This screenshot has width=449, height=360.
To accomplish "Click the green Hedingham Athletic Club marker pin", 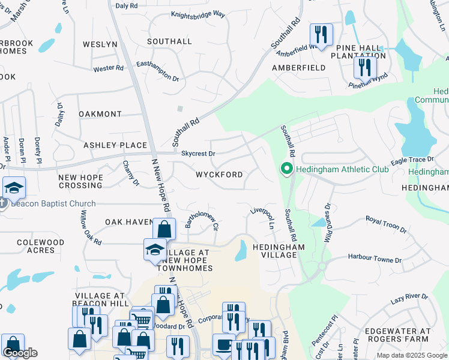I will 286,170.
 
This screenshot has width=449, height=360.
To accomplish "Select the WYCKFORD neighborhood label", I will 219,175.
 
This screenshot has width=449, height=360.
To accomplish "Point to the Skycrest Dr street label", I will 198,154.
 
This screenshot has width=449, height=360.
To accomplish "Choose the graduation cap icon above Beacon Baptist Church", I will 14,187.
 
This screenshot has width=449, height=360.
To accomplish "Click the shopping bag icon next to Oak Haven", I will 164,229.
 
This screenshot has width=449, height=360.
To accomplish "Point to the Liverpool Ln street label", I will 262,218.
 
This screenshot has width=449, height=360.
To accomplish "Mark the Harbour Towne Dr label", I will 375,259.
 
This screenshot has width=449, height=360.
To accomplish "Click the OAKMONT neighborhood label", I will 100,114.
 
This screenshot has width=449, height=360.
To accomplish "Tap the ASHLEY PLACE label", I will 115,145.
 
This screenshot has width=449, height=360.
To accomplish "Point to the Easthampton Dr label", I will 158,70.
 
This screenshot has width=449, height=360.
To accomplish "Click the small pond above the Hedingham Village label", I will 241,251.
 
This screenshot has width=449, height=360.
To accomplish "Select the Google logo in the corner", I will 20,353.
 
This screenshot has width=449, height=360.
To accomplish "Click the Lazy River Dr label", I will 409,297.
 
